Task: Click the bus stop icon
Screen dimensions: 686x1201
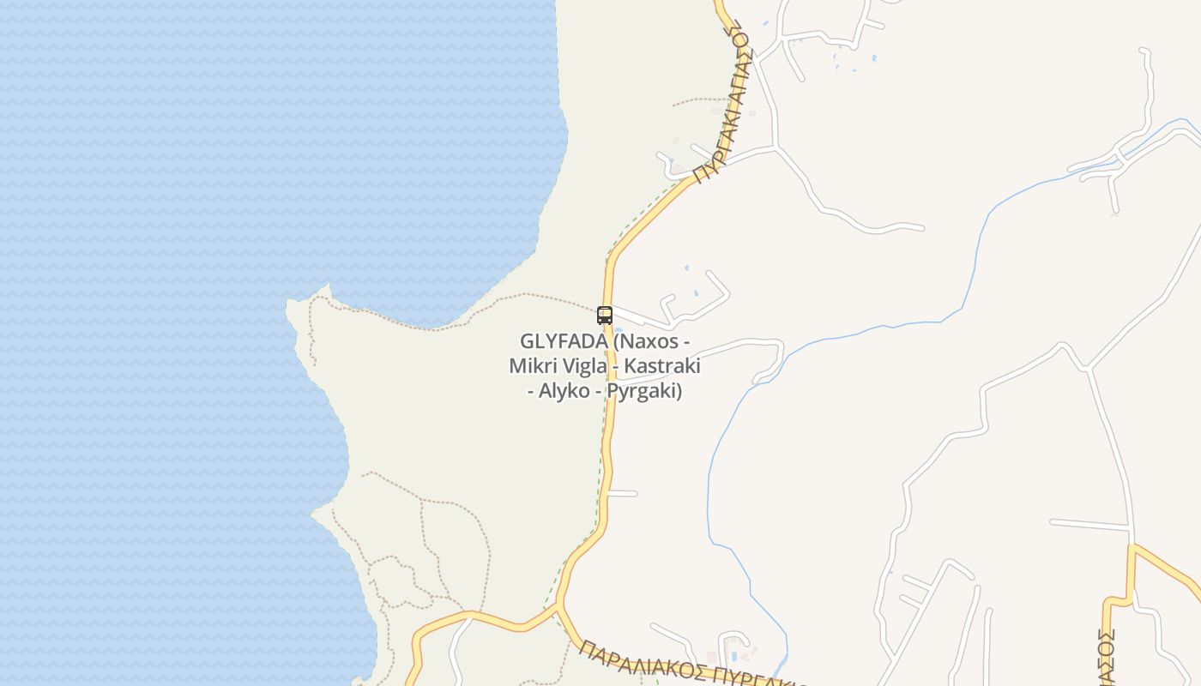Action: [x=605, y=315]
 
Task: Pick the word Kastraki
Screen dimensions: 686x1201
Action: [x=661, y=366]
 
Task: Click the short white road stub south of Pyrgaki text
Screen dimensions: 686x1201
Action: [x=622, y=493]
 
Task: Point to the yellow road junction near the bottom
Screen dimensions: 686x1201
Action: [x=559, y=606]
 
